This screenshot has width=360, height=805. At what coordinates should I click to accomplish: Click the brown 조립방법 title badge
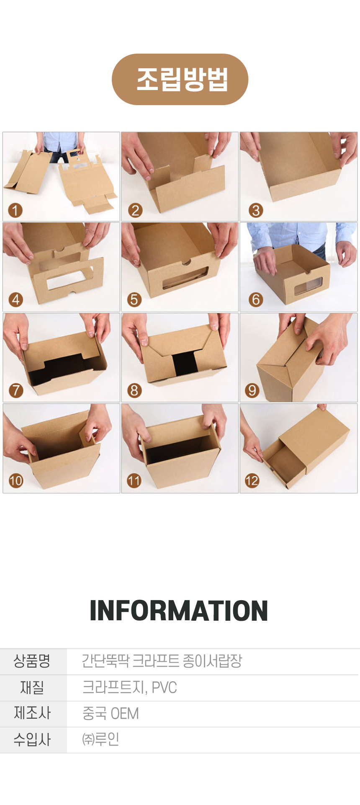[x=180, y=79]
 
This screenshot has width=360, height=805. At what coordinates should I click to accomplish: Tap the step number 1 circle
[x=15, y=210]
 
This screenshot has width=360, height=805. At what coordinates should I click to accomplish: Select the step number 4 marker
[x=15, y=300]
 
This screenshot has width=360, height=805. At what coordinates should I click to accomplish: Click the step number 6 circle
[x=255, y=300]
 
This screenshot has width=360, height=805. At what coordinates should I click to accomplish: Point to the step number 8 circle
[x=134, y=390]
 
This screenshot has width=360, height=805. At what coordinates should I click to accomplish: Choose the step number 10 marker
[x=15, y=480]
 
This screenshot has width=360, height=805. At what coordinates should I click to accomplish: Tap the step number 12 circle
[x=252, y=480]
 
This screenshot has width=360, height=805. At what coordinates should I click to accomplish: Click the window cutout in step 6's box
[x=307, y=286]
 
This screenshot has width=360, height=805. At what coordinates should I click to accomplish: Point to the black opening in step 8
[x=183, y=365]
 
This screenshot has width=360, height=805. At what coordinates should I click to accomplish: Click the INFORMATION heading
[x=179, y=611]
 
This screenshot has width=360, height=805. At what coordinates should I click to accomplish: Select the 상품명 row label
[x=32, y=661]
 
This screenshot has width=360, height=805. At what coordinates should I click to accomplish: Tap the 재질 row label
[x=32, y=687]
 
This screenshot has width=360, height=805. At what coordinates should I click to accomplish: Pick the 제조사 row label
[x=32, y=713]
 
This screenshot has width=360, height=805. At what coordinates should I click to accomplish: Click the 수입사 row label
[x=32, y=740]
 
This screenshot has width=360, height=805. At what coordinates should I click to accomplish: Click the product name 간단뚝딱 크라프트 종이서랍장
[x=162, y=661]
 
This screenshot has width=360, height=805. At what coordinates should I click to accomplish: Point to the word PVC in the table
[x=164, y=687]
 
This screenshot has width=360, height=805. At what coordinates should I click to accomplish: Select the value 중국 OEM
[x=111, y=713]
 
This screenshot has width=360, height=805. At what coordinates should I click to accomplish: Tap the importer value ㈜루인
[x=101, y=739]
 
